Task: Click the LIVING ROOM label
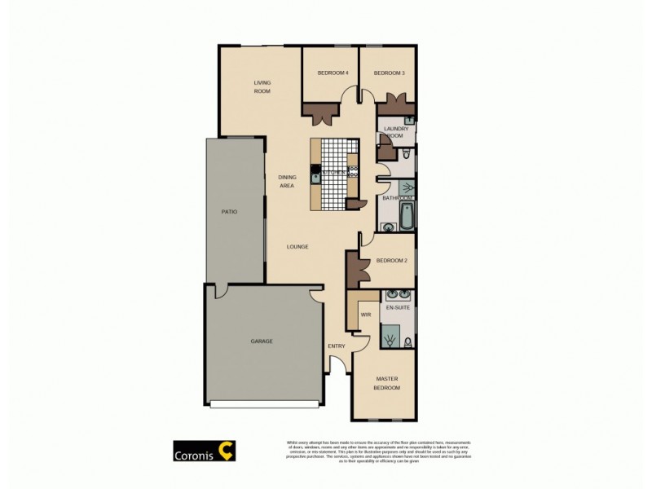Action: click(x=262, y=86)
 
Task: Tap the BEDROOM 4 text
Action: click(x=333, y=73)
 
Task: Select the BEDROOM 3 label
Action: click(x=390, y=73)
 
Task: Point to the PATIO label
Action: click(x=229, y=212)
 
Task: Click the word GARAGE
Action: click(x=261, y=341)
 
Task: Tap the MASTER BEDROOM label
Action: click(x=387, y=383)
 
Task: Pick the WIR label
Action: click(x=365, y=314)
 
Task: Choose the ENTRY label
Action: click(x=336, y=346)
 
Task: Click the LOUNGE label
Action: click(x=297, y=246)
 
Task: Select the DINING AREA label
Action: click(x=287, y=181)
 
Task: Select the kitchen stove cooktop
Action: click(x=353, y=170)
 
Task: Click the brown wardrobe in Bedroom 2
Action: click(x=353, y=269)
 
